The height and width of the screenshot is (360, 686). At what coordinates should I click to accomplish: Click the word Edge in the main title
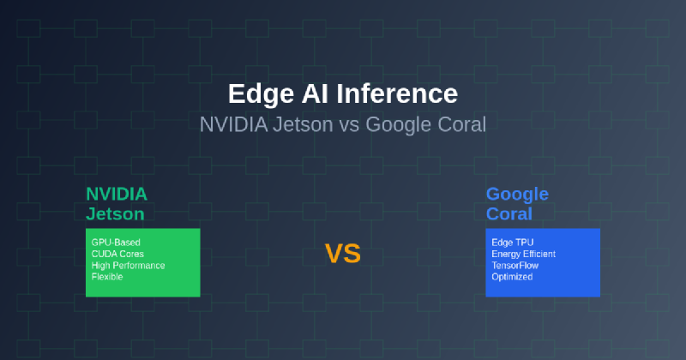click(261, 94)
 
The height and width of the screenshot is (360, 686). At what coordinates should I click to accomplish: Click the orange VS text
click(342, 254)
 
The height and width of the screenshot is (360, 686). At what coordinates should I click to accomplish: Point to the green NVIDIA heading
click(117, 195)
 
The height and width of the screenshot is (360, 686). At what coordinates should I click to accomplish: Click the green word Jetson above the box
click(115, 214)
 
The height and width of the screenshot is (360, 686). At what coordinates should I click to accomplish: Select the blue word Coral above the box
click(509, 214)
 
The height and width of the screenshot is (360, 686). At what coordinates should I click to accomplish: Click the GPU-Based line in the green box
click(116, 243)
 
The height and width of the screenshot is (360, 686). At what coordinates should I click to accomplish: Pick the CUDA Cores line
click(117, 254)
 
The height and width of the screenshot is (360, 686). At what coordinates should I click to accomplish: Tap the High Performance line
click(128, 266)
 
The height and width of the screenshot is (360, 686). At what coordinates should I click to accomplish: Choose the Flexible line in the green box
click(107, 277)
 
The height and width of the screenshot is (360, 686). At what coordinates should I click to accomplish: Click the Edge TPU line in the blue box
click(512, 243)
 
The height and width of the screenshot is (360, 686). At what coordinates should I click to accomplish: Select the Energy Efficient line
click(524, 255)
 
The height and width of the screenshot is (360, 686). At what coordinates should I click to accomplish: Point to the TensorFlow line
click(515, 266)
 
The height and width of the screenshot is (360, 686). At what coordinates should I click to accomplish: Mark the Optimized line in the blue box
click(512, 277)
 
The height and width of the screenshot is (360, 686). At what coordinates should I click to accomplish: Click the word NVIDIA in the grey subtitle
click(233, 124)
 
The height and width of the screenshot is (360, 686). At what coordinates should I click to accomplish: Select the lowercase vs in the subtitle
click(349, 126)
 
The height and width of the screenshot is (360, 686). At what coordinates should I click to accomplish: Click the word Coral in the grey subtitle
click(462, 124)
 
